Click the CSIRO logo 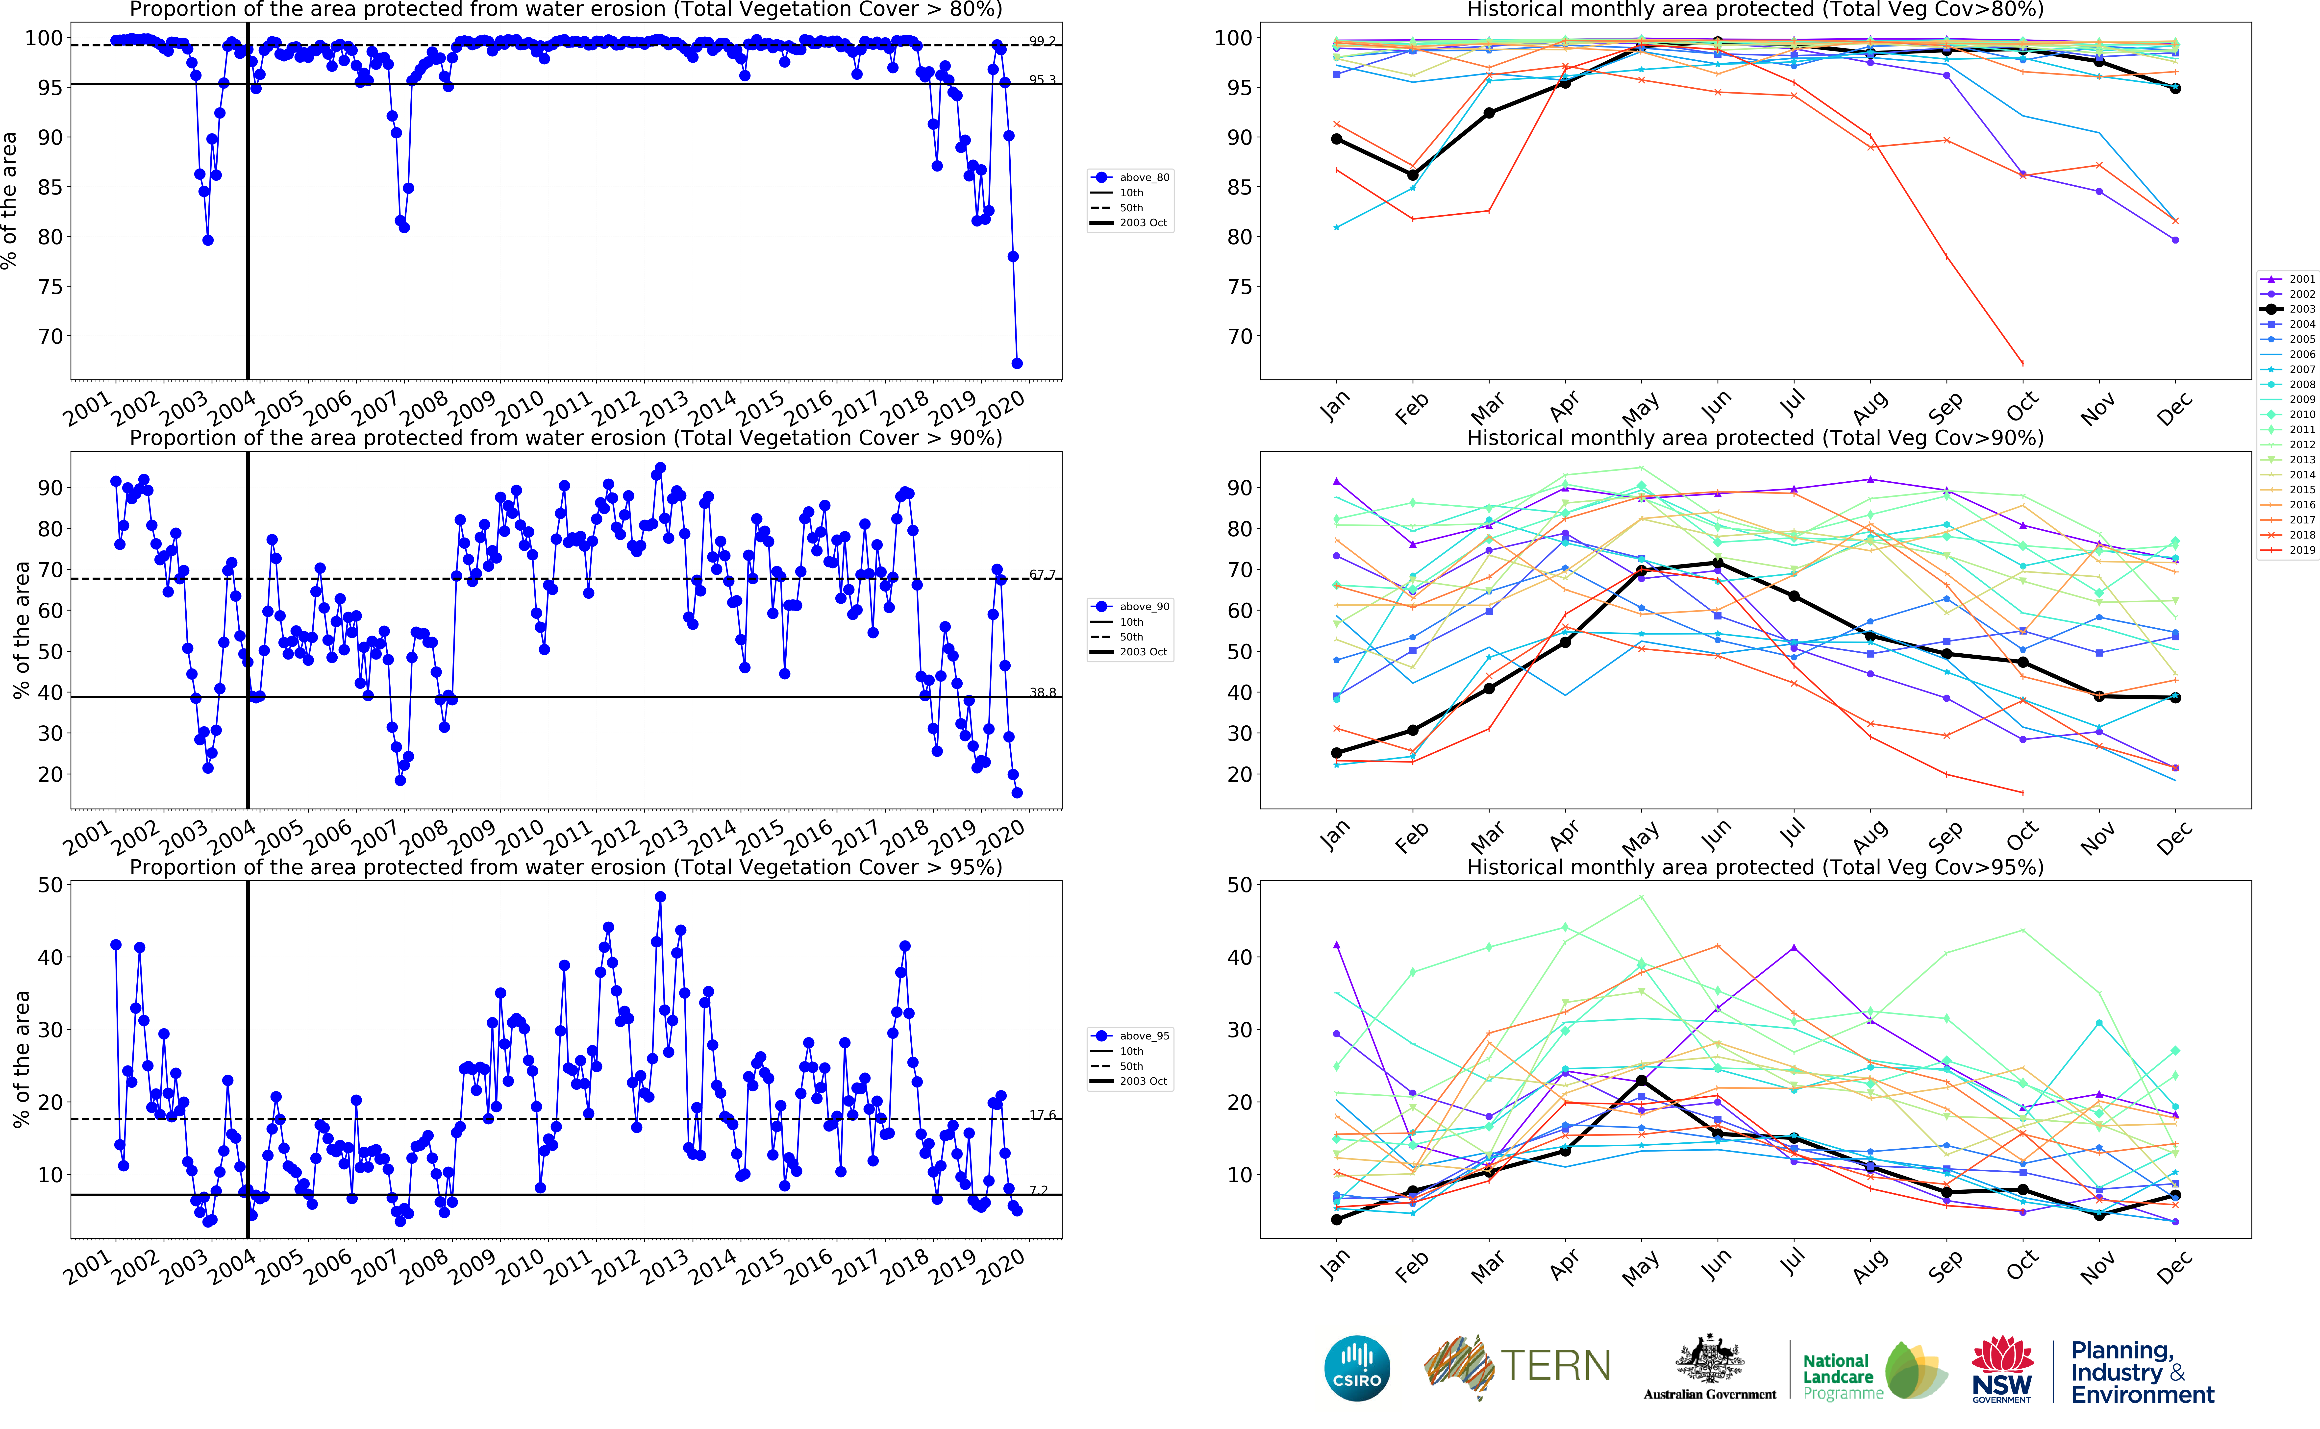tap(1357, 1369)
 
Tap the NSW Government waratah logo tap(2001, 1369)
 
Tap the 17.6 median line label tap(1042, 1115)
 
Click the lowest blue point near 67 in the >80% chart tap(1017, 363)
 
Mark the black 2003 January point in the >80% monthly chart tap(1336, 139)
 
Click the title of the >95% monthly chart tap(1755, 867)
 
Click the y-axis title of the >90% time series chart tap(21, 630)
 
